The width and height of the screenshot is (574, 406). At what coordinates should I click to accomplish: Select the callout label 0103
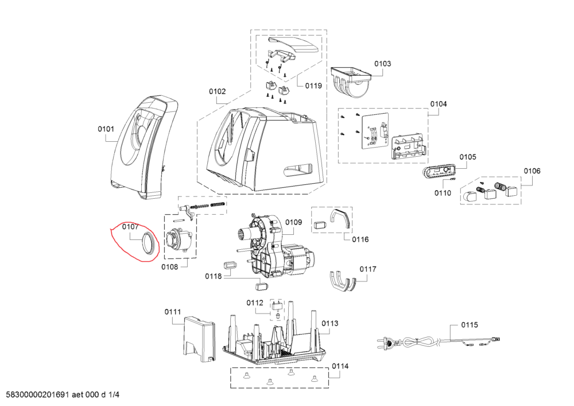pyautogui.click(x=383, y=64)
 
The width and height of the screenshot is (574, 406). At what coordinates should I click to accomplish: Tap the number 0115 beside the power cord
pyautogui.click(x=469, y=325)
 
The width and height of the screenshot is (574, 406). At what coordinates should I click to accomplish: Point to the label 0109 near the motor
pyautogui.click(x=293, y=222)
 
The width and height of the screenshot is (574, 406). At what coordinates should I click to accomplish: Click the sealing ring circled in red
pyautogui.click(x=148, y=243)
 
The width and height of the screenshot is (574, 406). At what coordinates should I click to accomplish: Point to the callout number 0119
pyautogui.click(x=313, y=86)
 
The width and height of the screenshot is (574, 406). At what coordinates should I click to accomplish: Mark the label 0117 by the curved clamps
pyautogui.click(x=368, y=269)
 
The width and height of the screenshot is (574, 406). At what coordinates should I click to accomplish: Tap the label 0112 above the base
pyautogui.click(x=255, y=303)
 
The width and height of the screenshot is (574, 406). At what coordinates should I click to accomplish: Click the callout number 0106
pyautogui.click(x=532, y=171)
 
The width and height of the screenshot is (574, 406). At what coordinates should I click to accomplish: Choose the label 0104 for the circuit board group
pyautogui.click(x=439, y=104)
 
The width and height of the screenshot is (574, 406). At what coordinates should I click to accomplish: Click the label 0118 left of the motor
pyautogui.click(x=213, y=276)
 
